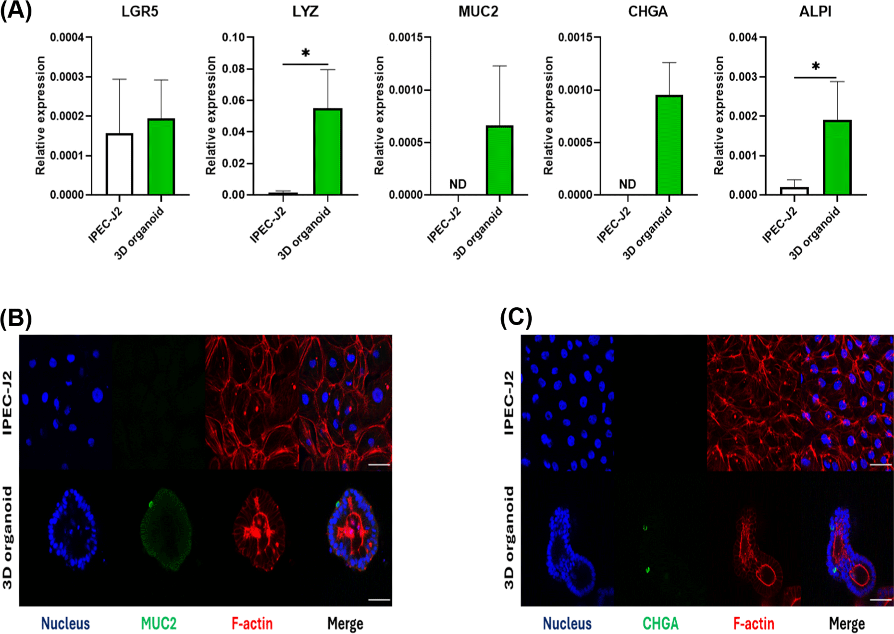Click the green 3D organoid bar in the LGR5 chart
point(161,157)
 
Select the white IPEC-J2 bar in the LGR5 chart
point(119,164)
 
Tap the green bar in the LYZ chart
point(328,152)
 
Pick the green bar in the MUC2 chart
point(499,160)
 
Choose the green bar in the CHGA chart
point(669,145)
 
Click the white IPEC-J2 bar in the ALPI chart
point(794,191)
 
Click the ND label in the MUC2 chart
point(458,184)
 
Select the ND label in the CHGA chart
point(627,184)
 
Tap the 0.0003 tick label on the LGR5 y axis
point(67,77)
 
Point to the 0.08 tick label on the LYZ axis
point(233,69)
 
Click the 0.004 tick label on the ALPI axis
point(743,37)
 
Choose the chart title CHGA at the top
point(647,12)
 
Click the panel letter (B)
point(16,318)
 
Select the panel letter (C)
point(516,317)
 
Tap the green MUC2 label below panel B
point(159,623)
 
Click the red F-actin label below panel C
point(753,623)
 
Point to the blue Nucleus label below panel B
point(65,623)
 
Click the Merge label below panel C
point(846,623)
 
